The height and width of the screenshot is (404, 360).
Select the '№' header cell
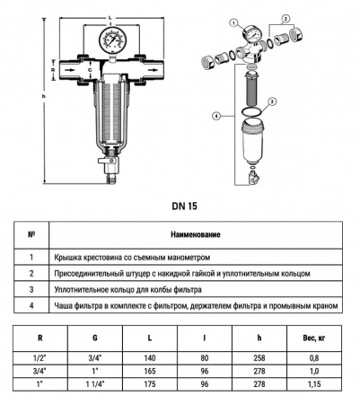32,235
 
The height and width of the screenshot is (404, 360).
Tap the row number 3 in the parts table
32,290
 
